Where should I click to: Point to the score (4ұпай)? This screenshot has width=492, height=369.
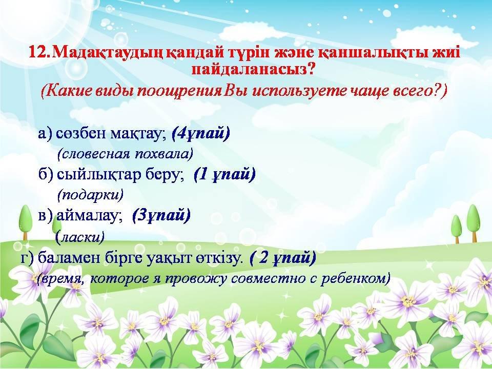[201, 134]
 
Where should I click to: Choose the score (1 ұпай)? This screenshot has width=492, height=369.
[224, 174]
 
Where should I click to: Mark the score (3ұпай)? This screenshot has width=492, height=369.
[161, 216]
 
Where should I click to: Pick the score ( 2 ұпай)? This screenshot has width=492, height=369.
[282, 258]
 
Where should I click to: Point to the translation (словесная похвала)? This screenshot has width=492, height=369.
[125, 154]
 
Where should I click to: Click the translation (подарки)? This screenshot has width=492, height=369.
[90, 195]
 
